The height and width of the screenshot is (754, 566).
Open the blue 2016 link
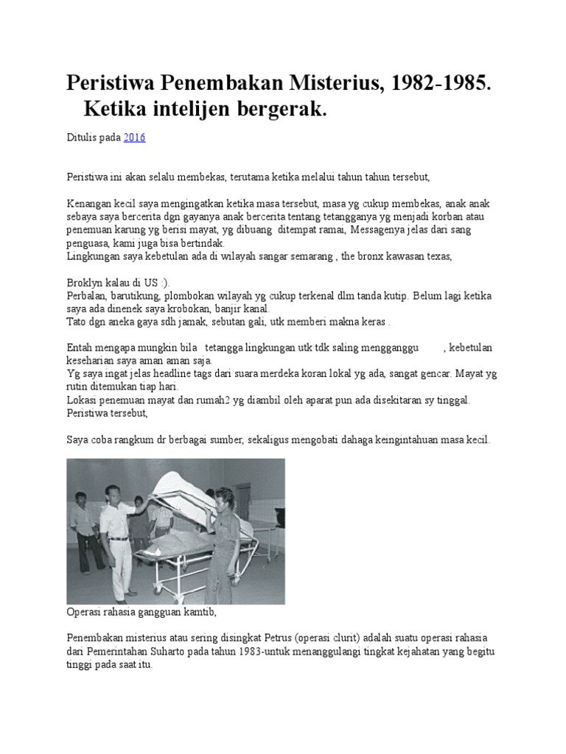[x=134, y=137]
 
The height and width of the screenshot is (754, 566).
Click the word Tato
[x=77, y=323]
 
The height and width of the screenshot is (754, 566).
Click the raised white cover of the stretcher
[x=184, y=483]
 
